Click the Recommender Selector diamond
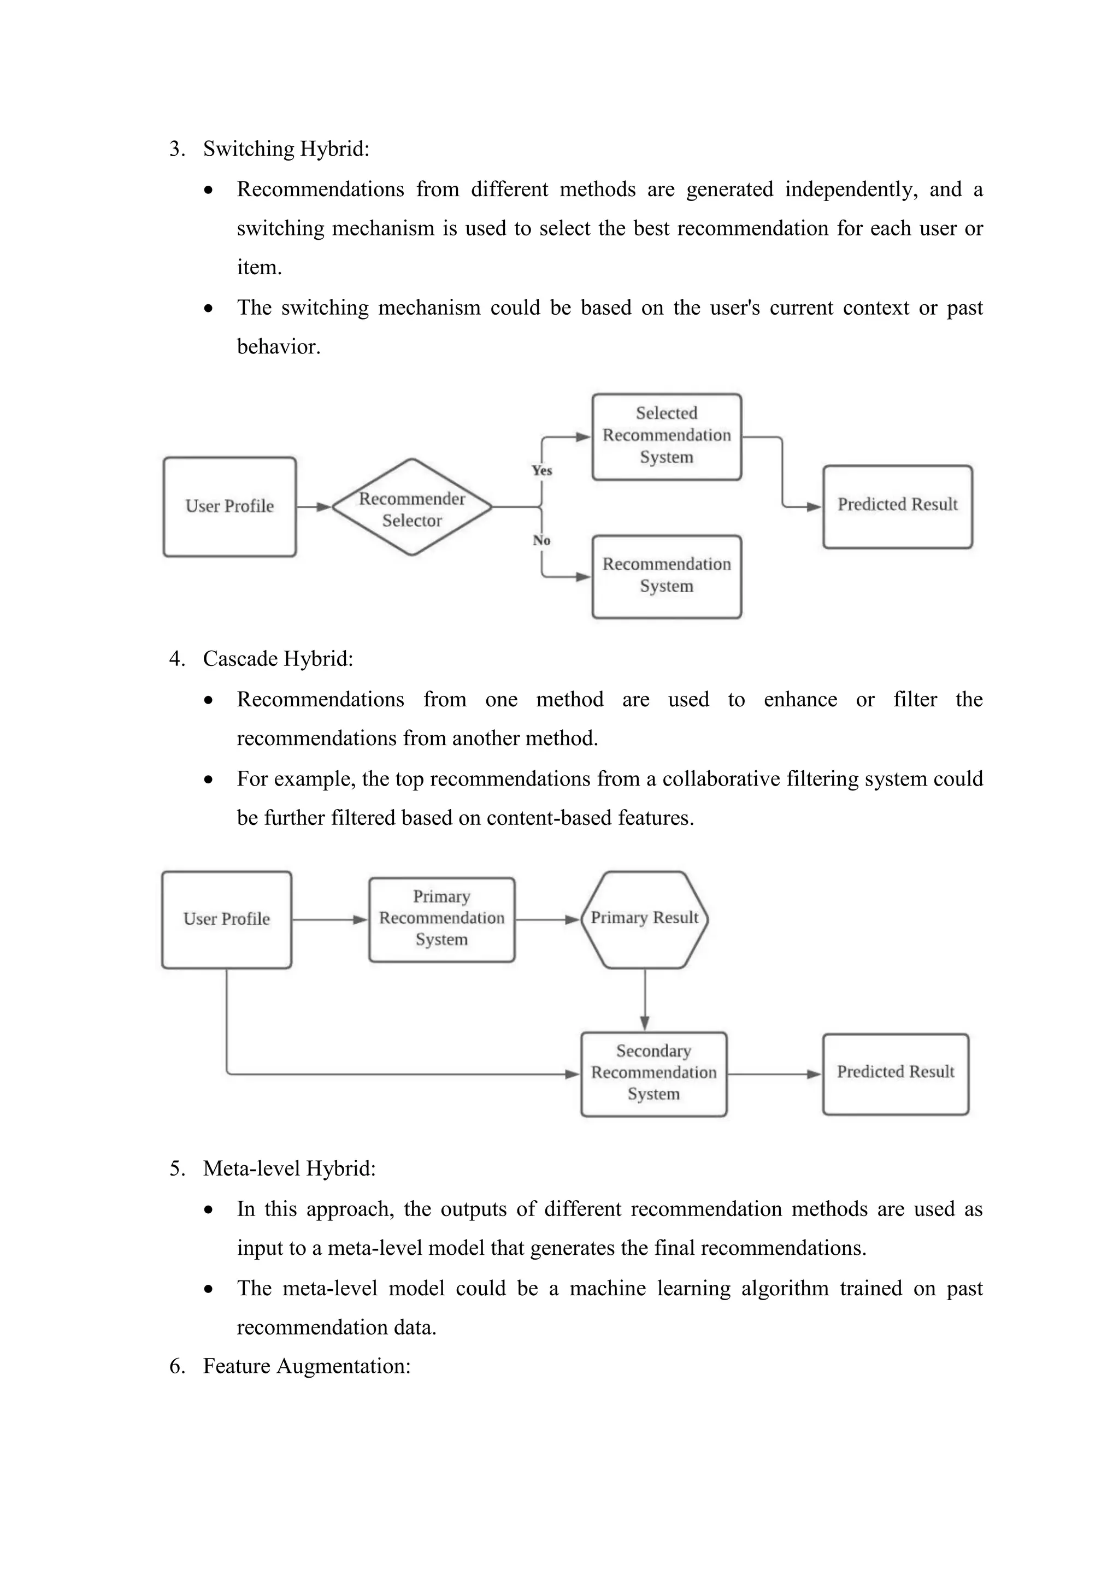412,508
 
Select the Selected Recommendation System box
666,435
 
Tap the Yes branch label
541,470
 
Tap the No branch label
541,540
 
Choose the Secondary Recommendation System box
653,1073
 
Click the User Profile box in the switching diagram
229,506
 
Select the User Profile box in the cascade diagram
227,919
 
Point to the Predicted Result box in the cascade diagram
895,1072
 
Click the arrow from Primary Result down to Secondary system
644,999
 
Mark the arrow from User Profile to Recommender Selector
314,507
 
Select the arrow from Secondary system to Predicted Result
774,1073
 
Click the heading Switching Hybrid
286,149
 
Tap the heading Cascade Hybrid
278,659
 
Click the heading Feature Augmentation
307,1366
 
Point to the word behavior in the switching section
278,346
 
